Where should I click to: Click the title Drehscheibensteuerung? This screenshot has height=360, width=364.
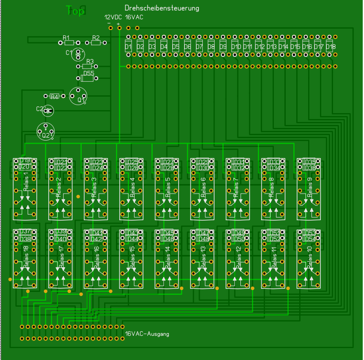click(x=162, y=8)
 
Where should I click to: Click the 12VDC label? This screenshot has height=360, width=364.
click(x=113, y=17)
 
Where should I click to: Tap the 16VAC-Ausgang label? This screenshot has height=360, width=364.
click(x=147, y=334)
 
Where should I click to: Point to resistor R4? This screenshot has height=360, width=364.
click(x=54, y=97)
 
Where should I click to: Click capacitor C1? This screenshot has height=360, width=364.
click(x=78, y=54)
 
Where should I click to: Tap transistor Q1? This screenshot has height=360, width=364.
click(x=78, y=96)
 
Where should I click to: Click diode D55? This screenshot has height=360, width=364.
click(x=88, y=78)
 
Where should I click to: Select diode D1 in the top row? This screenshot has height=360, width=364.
click(x=129, y=46)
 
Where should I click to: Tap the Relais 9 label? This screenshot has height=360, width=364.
click(x=310, y=185)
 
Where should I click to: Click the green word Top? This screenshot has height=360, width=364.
click(x=75, y=11)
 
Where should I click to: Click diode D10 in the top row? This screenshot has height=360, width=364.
click(x=236, y=46)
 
